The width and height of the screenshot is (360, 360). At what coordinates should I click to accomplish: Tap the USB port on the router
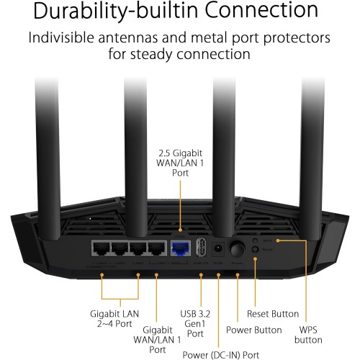pos(200,248)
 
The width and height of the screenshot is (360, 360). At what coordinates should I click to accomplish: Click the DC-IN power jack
pos(217,248)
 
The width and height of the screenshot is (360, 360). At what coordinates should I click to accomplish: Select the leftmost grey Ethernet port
pos(100,248)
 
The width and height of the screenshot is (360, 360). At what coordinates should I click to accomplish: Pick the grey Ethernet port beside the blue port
pos(156,248)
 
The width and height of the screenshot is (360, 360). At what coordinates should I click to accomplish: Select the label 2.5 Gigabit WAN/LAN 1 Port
pos(181,164)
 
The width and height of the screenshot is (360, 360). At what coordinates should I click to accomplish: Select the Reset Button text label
pos(271,314)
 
